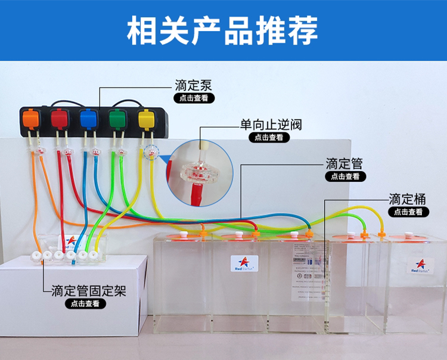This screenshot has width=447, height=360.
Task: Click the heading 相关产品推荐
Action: pos(223,30)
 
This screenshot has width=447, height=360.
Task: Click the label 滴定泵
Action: pos(194,85)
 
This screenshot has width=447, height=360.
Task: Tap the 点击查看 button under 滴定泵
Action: pos(194,98)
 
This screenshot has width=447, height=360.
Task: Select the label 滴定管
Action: pos(344,163)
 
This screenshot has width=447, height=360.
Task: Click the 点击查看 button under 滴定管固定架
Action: pos(86,303)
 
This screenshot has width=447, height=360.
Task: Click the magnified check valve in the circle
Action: pos(199,169)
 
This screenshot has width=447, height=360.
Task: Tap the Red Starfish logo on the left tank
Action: pos(244,263)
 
